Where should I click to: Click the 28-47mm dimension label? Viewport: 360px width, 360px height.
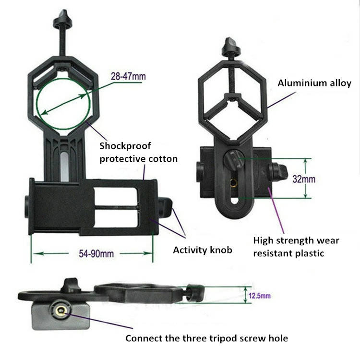(x=128, y=76)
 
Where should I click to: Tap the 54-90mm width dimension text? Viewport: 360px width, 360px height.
(x=96, y=254)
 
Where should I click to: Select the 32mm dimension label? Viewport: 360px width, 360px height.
(x=304, y=179)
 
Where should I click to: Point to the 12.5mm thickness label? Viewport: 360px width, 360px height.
(x=259, y=296)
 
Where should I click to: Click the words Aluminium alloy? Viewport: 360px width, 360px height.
(x=314, y=83)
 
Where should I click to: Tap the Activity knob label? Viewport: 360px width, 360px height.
(x=203, y=250)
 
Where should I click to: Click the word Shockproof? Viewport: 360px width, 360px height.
(x=125, y=146)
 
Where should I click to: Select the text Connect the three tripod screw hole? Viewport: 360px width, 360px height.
(x=206, y=338)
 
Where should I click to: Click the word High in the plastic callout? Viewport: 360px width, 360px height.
(x=263, y=241)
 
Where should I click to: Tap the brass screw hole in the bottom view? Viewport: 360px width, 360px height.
(x=60, y=311)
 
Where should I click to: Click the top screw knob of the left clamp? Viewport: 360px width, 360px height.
(x=63, y=20)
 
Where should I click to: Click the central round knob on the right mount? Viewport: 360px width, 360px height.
(x=233, y=160)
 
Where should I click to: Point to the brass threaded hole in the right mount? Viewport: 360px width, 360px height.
(x=234, y=183)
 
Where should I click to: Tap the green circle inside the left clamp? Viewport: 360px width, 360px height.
(x=63, y=104)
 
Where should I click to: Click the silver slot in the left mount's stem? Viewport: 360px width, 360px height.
(x=64, y=167)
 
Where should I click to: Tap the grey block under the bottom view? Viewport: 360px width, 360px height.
(x=60, y=316)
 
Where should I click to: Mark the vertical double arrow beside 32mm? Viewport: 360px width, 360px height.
(x=305, y=178)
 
